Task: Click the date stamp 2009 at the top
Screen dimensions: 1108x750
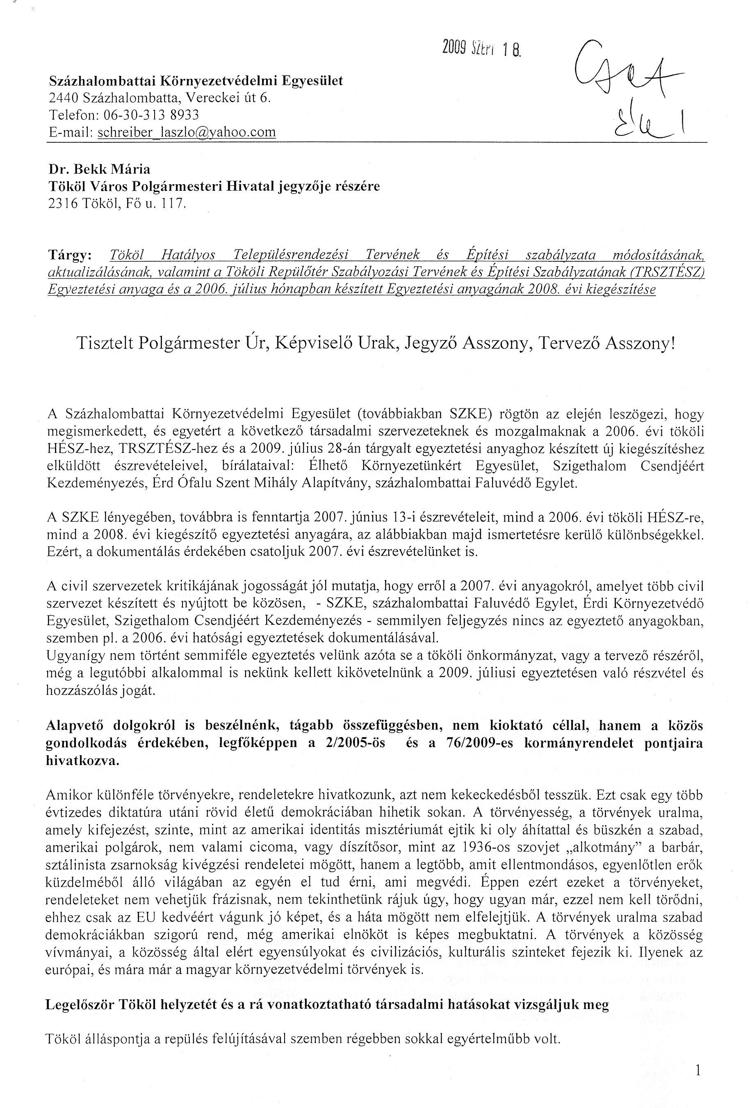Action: pos(455,48)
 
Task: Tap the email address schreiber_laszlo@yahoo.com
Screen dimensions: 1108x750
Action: pos(186,133)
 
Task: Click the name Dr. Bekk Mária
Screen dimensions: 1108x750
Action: pos(99,169)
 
